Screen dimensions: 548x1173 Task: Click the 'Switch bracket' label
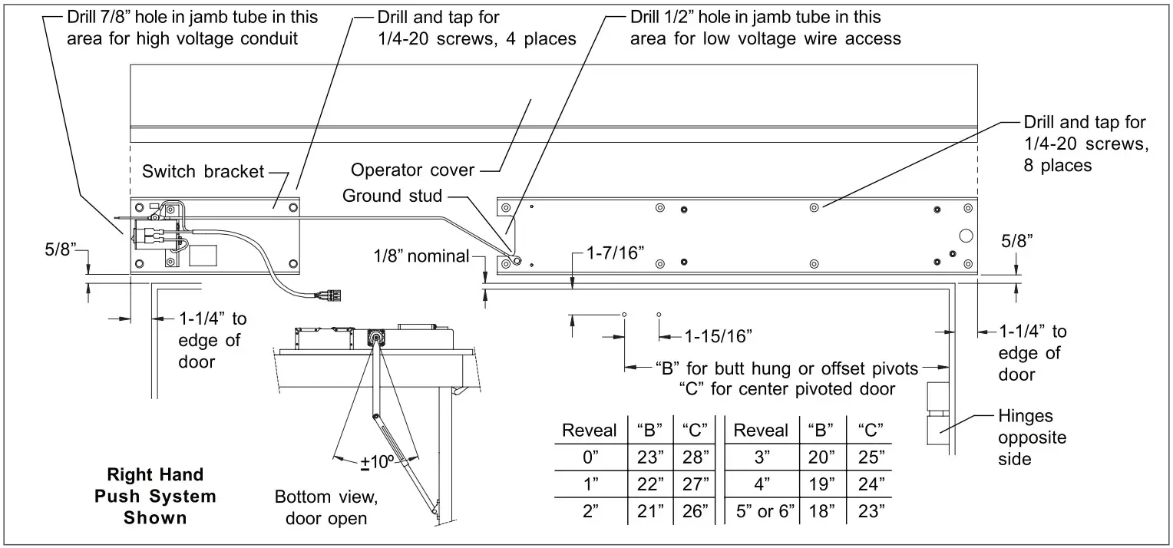click(203, 171)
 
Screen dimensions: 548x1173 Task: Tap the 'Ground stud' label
click(392, 196)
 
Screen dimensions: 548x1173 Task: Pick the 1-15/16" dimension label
click(718, 335)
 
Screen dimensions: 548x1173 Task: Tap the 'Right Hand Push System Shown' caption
click(155, 496)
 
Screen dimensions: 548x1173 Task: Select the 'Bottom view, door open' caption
click(326, 507)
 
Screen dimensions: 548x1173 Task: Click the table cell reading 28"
click(695, 458)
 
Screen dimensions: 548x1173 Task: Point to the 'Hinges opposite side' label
click(1032, 437)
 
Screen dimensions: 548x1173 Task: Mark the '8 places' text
click(1058, 165)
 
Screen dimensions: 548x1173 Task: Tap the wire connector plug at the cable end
click(328, 293)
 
